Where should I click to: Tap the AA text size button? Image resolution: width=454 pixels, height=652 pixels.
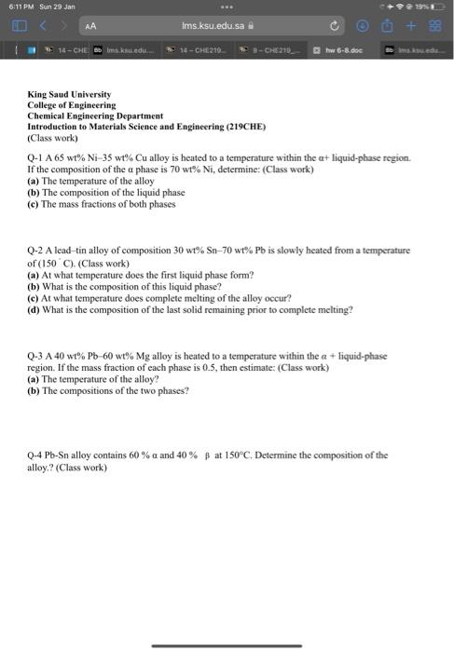[x=90, y=28]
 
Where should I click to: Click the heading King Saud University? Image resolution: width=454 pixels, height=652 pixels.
[x=69, y=95]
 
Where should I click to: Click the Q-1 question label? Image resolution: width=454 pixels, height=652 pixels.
[x=38, y=159]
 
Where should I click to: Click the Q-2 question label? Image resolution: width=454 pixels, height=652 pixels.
[x=38, y=251]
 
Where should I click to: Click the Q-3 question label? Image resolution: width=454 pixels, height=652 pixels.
[x=38, y=356]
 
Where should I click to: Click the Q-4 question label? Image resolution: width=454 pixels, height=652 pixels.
[x=38, y=455]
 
